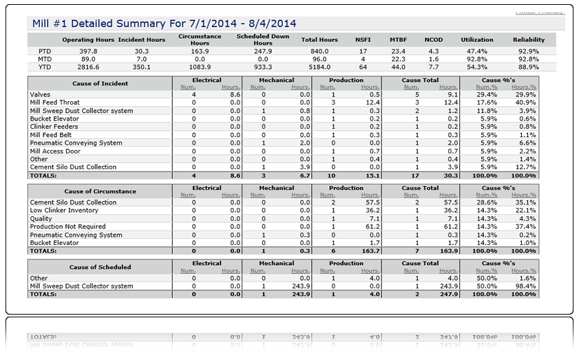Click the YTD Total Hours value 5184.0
click(x=319, y=67)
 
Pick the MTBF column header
click(x=398, y=40)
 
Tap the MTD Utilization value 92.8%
click(x=477, y=59)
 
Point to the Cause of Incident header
click(x=100, y=83)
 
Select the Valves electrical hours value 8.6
click(x=235, y=94)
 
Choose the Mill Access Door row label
click(x=55, y=151)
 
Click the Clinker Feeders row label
click(x=54, y=127)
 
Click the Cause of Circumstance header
click(x=100, y=191)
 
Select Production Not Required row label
click(x=68, y=226)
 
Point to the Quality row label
click(x=41, y=218)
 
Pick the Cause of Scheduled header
click(x=100, y=267)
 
